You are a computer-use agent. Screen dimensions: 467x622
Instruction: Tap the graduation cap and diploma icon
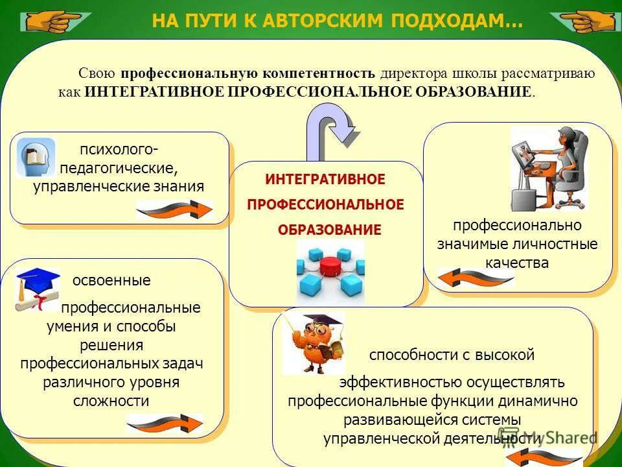pos(36,289)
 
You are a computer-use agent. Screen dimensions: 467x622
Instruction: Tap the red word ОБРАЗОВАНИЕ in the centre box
pos(330,230)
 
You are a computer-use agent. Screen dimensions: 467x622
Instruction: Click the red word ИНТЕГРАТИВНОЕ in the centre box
pos(325,179)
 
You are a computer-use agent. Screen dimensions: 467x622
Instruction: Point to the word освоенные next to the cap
pos(111,281)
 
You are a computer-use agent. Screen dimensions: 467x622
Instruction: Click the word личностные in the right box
pos(562,245)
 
